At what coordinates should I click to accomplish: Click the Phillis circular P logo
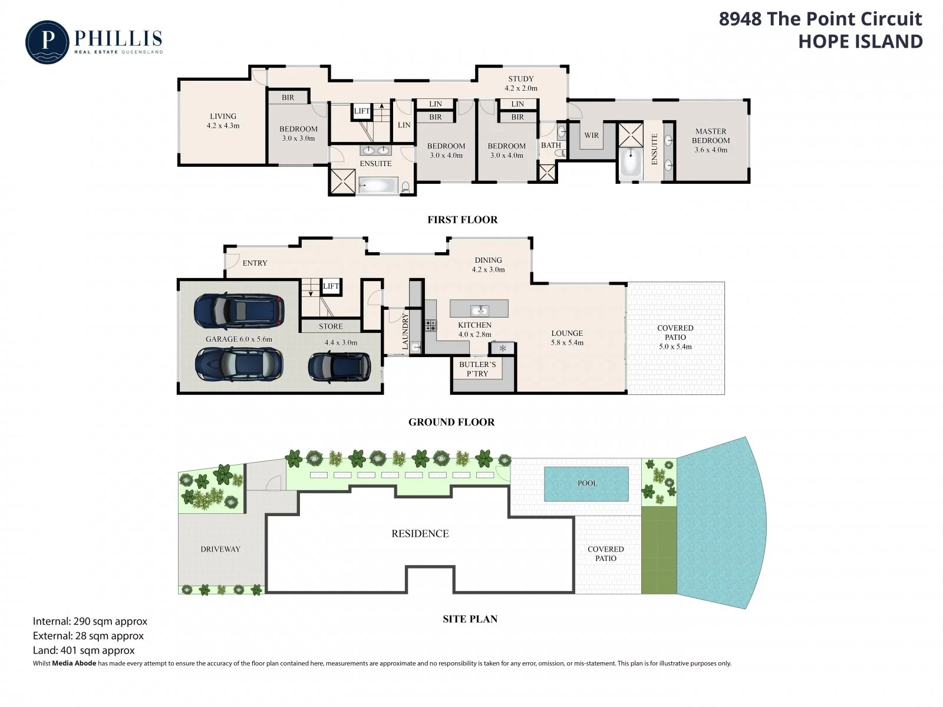coord(47,42)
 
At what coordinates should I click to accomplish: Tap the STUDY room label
coord(520,79)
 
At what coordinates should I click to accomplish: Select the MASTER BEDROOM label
coord(711,136)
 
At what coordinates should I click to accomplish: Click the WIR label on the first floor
coord(591,136)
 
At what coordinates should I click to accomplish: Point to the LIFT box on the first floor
coord(362,111)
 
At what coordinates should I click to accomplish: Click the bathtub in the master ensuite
coord(630,163)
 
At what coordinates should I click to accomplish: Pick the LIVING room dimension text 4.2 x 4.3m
coord(223,125)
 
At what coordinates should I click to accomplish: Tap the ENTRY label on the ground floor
coord(255,263)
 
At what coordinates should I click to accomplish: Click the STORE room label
coord(331,326)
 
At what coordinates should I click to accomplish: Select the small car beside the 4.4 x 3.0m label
coord(339,366)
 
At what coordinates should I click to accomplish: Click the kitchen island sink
coord(479,309)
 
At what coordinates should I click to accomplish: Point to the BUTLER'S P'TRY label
coord(477,369)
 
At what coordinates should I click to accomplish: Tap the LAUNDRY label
coord(405,331)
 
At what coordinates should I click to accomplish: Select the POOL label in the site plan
coord(587,483)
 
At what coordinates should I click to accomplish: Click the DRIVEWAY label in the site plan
coord(220,549)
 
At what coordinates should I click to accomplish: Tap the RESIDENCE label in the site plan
coord(420,534)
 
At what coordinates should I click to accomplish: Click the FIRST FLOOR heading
coord(462,220)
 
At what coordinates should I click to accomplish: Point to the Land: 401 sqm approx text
coord(84,650)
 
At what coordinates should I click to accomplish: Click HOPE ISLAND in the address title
coord(860,42)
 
